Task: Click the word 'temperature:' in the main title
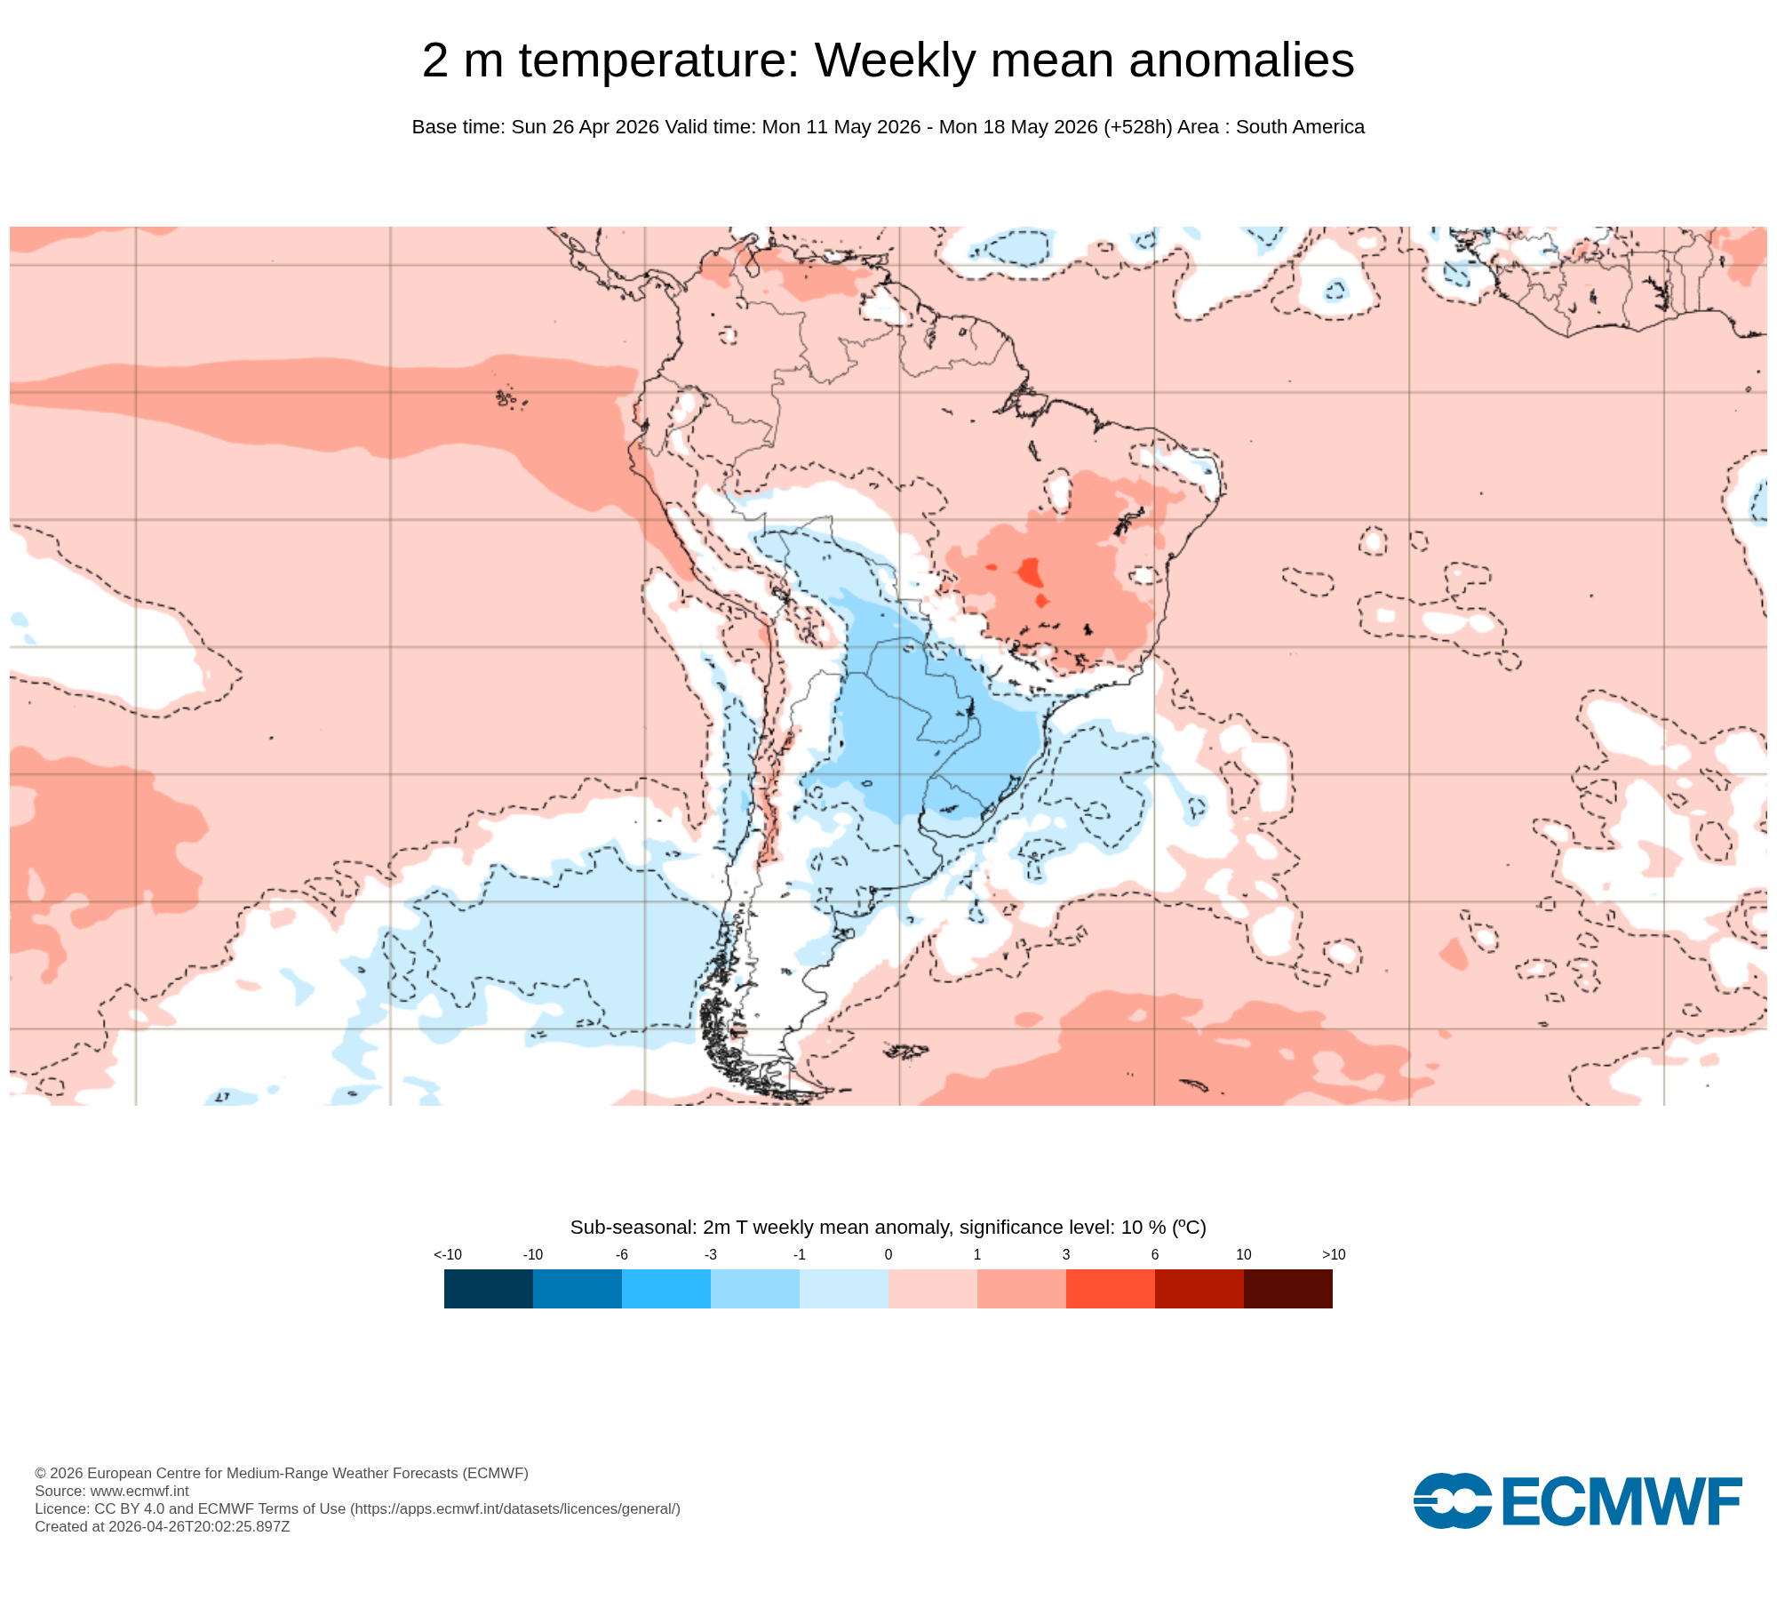point(660,61)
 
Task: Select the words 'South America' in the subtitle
point(1300,127)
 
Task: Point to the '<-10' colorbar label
point(448,1254)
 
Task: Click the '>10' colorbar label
point(1334,1254)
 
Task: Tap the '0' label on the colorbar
point(888,1254)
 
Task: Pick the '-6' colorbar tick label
point(622,1254)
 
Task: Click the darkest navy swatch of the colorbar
point(489,1289)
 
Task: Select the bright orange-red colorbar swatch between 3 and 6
point(1111,1289)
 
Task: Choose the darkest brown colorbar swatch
point(1288,1289)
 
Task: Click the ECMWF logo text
point(1622,1501)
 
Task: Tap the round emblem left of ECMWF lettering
point(1453,1501)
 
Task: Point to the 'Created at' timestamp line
point(163,1526)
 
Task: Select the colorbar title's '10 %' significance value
point(1143,1228)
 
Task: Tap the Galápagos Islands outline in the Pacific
point(508,398)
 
